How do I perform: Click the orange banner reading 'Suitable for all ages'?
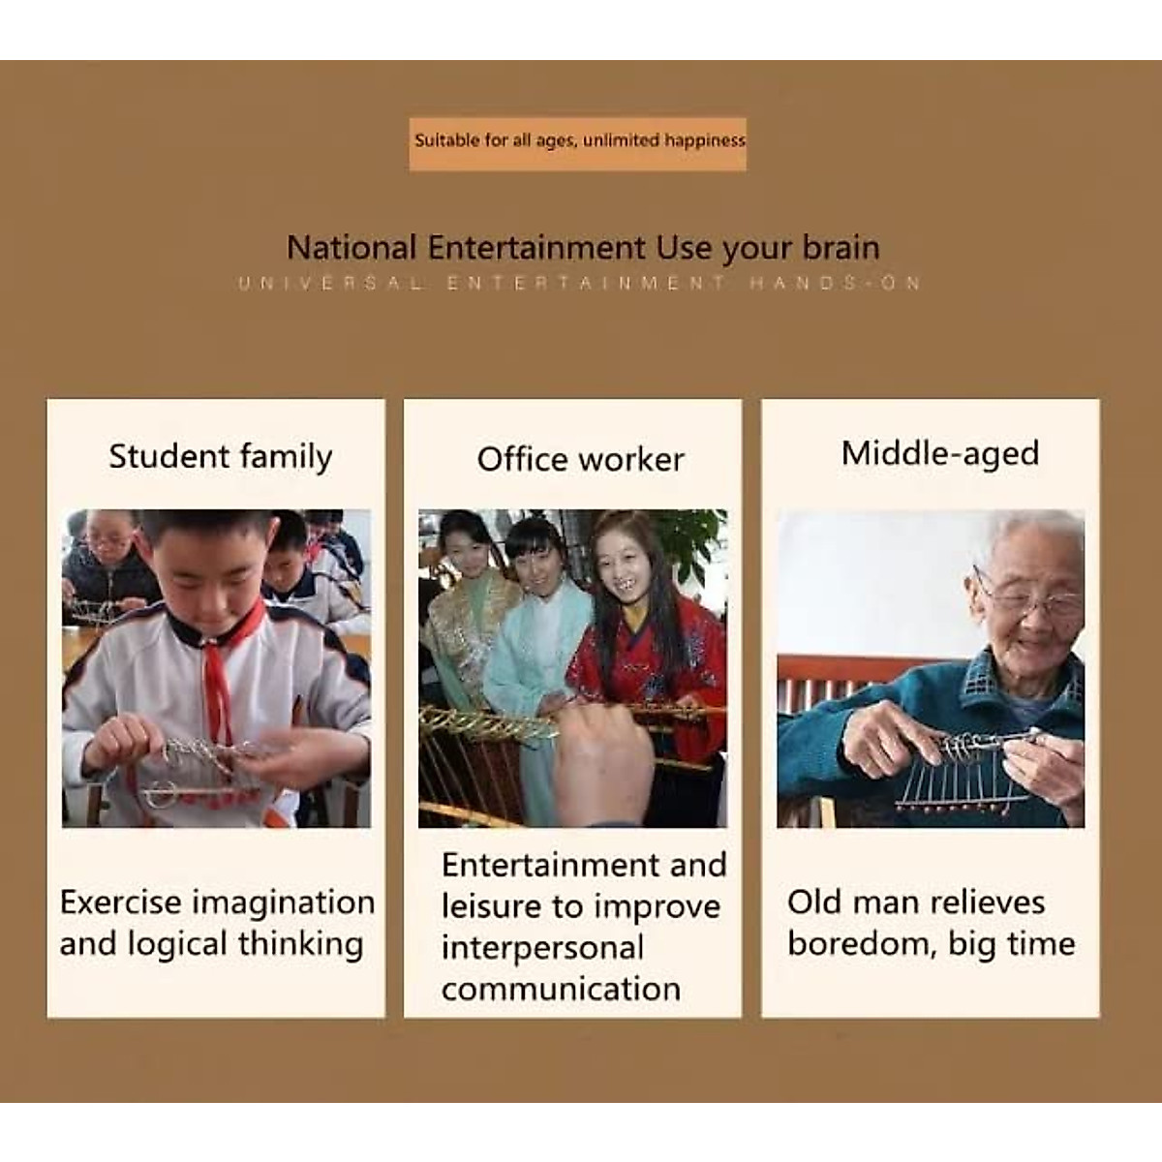click(577, 144)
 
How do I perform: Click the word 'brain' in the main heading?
click(841, 248)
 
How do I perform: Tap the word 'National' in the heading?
click(352, 248)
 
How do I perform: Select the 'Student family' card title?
click(220, 456)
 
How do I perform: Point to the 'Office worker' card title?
click(580, 460)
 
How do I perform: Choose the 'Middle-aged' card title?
click(940, 453)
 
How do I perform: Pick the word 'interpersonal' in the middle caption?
click(542, 947)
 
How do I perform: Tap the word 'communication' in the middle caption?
click(561, 990)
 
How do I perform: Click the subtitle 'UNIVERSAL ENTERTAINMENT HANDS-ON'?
click(579, 283)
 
